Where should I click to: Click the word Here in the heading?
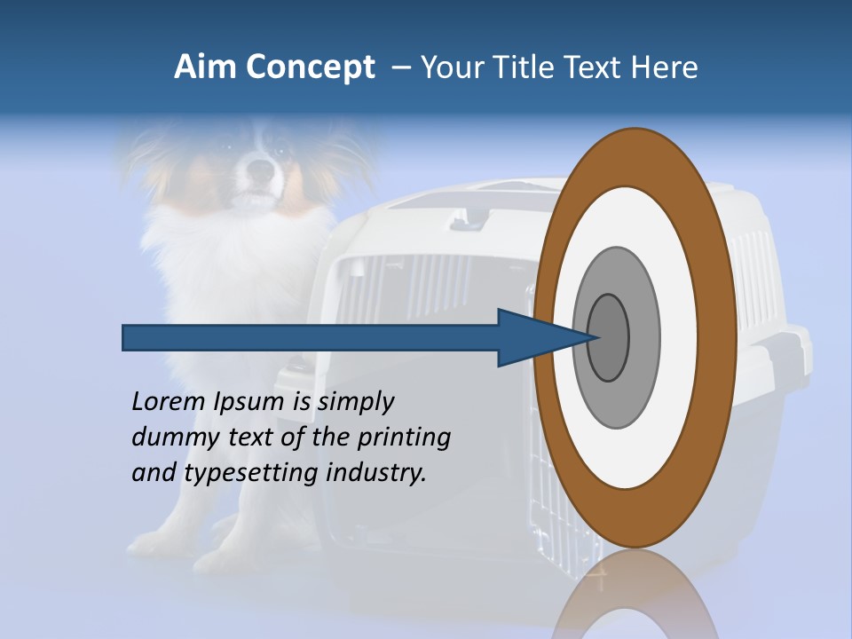pyautogui.click(x=665, y=67)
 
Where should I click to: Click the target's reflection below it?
pyautogui.click(x=635, y=595)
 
